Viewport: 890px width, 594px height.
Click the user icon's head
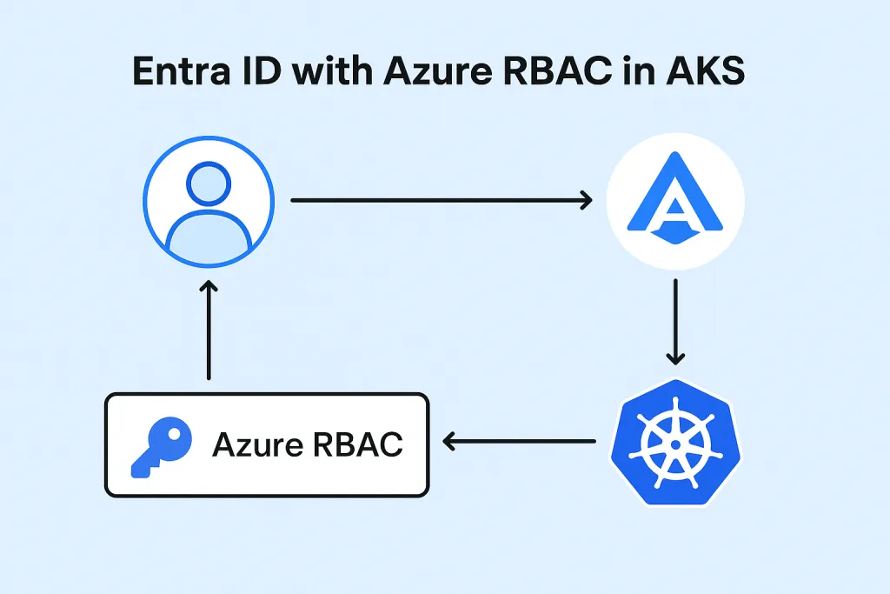point(209,185)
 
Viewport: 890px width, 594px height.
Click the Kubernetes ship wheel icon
point(674,442)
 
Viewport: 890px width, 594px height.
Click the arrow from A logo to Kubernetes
point(675,322)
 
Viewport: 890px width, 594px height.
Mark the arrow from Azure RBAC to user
point(209,330)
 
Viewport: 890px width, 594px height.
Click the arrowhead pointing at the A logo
point(584,201)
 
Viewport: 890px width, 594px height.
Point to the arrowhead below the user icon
point(209,288)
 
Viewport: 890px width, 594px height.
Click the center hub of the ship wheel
point(674,442)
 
